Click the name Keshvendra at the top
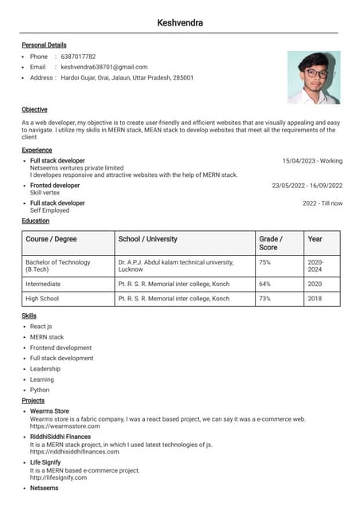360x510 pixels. pos(180,23)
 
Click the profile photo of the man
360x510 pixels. pos(313,77)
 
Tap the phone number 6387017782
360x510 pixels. pos(78,57)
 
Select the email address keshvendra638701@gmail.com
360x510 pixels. pos(104,67)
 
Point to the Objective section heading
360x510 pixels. pos(34,109)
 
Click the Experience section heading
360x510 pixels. pos(37,150)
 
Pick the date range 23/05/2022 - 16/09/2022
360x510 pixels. pos(307,186)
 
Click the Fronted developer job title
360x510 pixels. pos(55,186)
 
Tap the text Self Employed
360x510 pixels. pos(49,210)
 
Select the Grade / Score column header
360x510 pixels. pos(271,243)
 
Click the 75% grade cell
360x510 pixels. pos(265,262)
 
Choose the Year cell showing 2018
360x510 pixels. pos(315,299)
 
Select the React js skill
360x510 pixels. pos(41,327)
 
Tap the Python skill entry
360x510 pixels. pos(40,390)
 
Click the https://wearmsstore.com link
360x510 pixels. pos(65,426)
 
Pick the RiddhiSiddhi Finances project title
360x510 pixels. pos(61,437)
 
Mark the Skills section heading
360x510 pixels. pos(29,316)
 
